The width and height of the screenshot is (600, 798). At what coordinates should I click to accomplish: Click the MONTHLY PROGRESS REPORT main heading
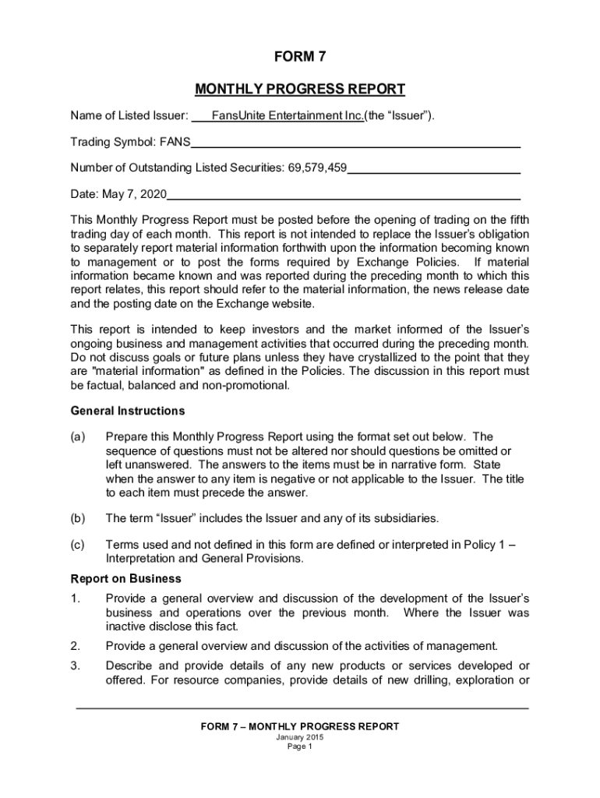pyautogui.click(x=300, y=89)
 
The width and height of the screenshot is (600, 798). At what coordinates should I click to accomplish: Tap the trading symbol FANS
pyautogui.click(x=175, y=143)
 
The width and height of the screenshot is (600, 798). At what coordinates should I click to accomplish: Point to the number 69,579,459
pyautogui.click(x=316, y=168)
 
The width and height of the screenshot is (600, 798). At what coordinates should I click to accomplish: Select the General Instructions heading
pyautogui.click(x=128, y=411)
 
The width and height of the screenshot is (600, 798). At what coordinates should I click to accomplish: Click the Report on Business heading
pyautogui.click(x=125, y=579)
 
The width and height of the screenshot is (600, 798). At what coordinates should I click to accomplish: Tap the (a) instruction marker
pyautogui.click(x=77, y=436)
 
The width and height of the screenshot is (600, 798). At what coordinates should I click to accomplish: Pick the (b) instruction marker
pyautogui.click(x=77, y=518)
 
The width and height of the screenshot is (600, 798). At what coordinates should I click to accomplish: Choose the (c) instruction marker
pyautogui.click(x=77, y=546)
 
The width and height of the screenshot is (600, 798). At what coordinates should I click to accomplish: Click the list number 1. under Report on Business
pyautogui.click(x=75, y=598)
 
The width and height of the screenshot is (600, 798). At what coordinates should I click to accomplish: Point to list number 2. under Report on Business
pyautogui.click(x=75, y=646)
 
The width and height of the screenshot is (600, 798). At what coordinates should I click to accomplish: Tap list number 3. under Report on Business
pyautogui.click(x=75, y=666)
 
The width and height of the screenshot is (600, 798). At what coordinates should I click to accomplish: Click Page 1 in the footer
pyautogui.click(x=300, y=747)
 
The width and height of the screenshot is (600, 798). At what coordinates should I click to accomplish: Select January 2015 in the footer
pyautogui.click(x=300, y=737)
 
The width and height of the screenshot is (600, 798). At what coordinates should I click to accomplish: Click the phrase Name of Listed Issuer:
pyautogui.click(x=129, y=116)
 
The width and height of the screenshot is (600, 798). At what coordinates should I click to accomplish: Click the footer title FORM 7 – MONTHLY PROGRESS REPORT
pyautogui.click(x=300, y=726)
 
